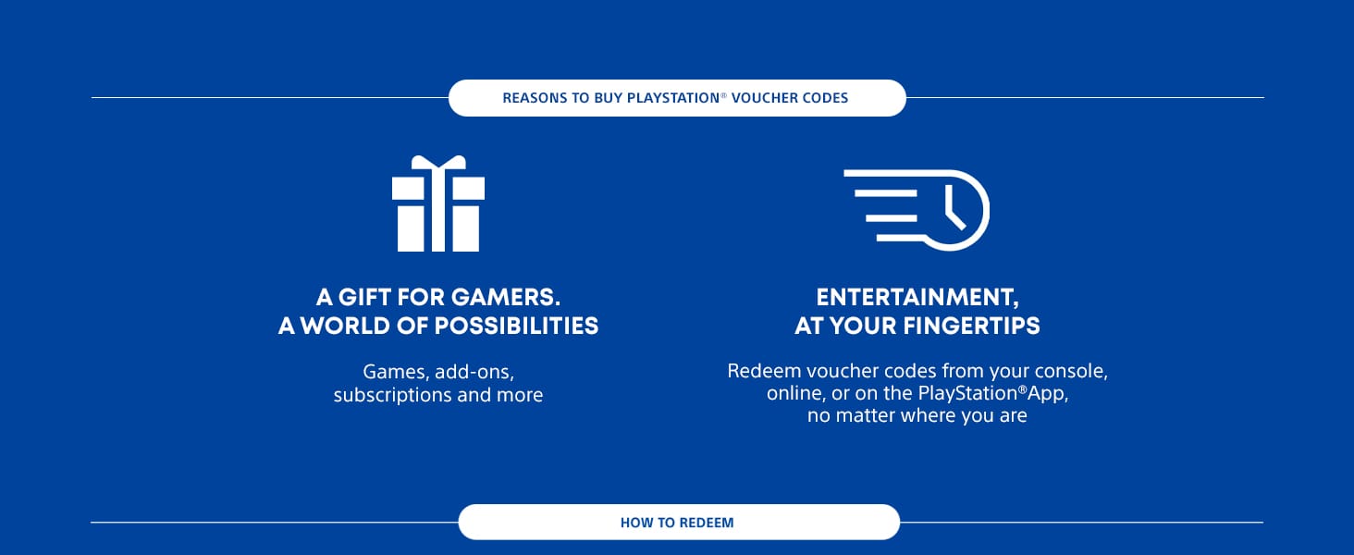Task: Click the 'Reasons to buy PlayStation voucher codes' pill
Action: click(x=676, y=98)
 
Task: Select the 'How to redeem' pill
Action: click(x=677, y=523)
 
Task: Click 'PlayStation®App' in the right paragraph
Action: click(x=994, y=394)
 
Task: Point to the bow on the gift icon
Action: click(x=438, y=164)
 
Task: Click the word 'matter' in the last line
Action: click(x=865, y=416)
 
